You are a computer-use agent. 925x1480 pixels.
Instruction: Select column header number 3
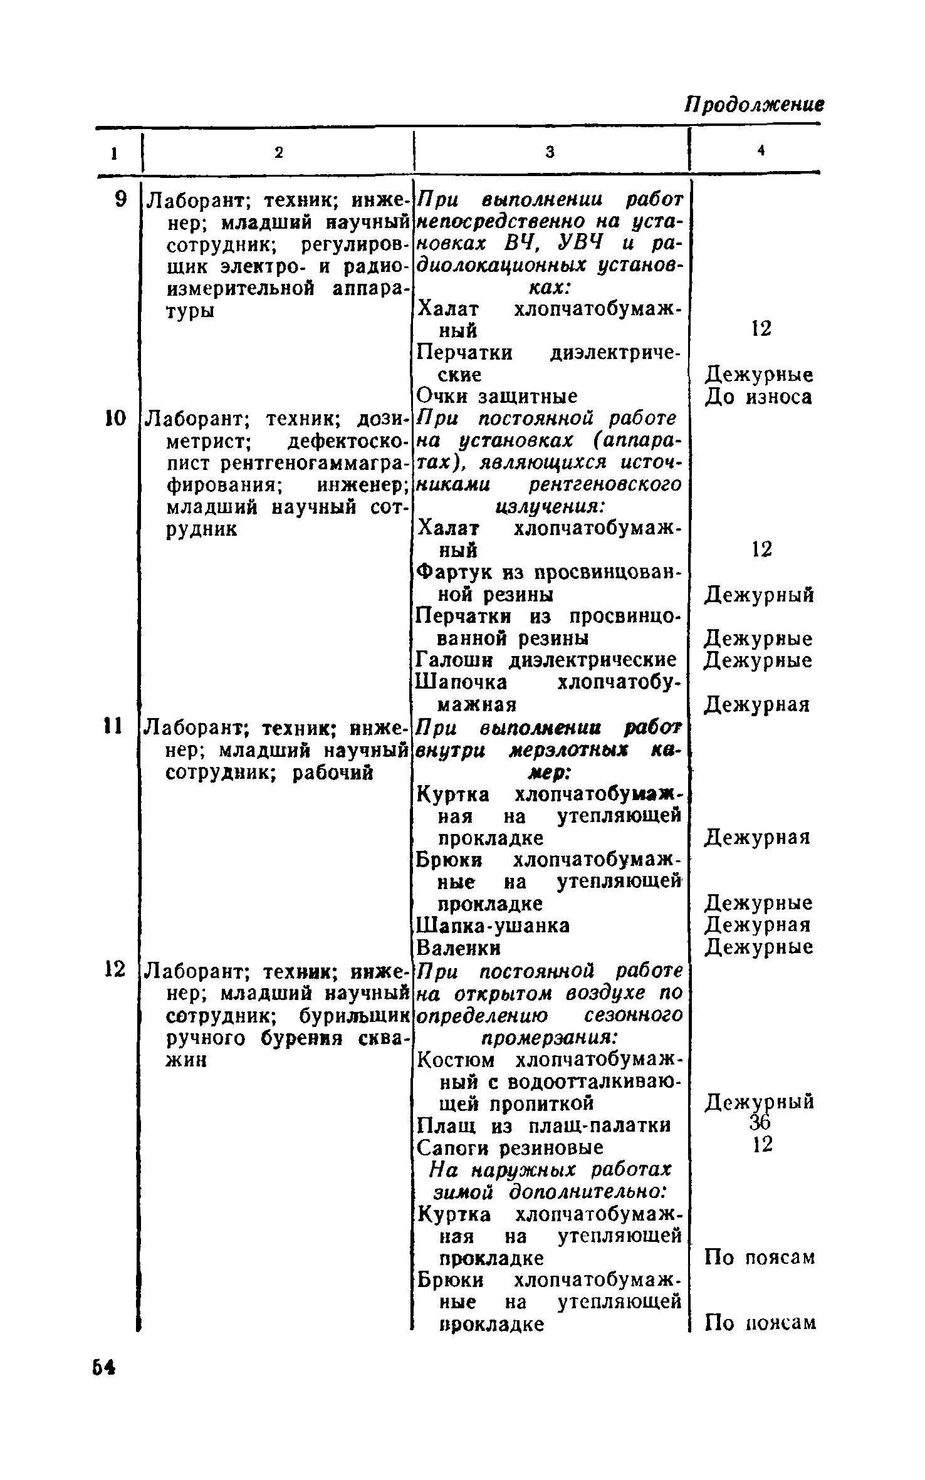(550, 152)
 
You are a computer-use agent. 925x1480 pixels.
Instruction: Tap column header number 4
(761, 150)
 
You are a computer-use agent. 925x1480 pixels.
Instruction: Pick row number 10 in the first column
(116, 418)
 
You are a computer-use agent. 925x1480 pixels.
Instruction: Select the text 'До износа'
(759, 397)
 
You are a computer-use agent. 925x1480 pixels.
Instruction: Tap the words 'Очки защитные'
(497, 397)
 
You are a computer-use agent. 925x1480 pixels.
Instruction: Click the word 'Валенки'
(459, 947)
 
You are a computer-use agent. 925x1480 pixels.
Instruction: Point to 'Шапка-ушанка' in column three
(493, 925)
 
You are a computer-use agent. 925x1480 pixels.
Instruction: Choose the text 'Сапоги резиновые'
(510, 1147)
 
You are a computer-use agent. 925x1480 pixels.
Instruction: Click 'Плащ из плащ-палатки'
(543, 1125)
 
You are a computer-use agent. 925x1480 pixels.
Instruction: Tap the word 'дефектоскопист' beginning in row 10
(344, 441)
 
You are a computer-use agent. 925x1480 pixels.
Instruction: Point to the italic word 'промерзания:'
(550, 1037)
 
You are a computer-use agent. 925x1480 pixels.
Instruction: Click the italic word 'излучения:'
(550, 506)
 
